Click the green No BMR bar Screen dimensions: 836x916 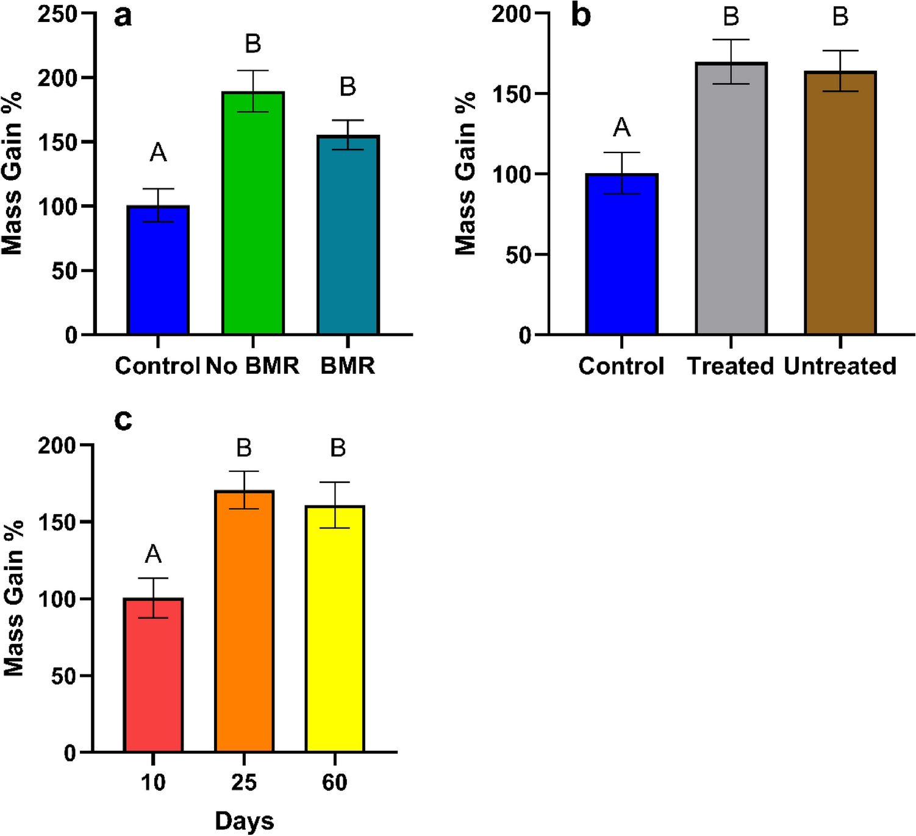pyautogui.click(x=253, y=213)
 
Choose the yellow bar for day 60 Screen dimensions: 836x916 pyautogui.click(x=335, y=628)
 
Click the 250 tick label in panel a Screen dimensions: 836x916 pyautogui.click(x=57, y=14)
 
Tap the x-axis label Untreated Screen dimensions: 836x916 pyautogui.click(x=840, y=366)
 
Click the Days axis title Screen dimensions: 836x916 pyautogui.click(x=244, y=821)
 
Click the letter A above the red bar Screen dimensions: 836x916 pyautogui.click(x=153, y=554)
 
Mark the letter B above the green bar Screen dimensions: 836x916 pyautogui.click(x=253, y=44)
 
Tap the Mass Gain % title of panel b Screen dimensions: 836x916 pyautogui.click(x=465, y=173)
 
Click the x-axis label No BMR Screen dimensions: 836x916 pyautogui.click(x=252, y=366)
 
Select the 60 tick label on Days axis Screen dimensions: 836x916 pyautogui.click(x=335, y=782)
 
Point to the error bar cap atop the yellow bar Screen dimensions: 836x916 pyautogui.click(x=335, y=482)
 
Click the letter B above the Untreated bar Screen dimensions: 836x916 pyautogui.click(x=840, y=16)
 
